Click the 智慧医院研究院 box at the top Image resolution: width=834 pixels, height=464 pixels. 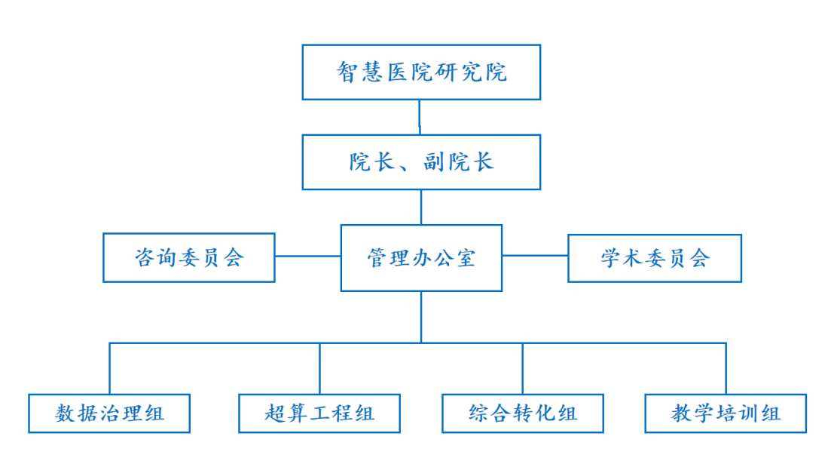pyautogui.click(x=421, y=72)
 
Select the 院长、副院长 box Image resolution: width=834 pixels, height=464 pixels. pyautogui.click(x=421, y=161)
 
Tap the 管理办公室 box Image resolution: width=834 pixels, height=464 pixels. pyautogui.click(x=421, y=257)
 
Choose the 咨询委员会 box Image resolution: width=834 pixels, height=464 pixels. pyautogui.click(x=188, y=257)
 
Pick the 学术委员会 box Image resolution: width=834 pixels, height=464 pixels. pyautogui.click(x=654, y=257)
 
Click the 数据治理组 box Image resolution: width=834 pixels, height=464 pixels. pyautogui.click(x=109, y=413)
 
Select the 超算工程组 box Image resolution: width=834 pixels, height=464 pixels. pyautogui.click(x=319, y=413)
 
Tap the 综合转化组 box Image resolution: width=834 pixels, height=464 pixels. pyautogui.click(x=522, y=413)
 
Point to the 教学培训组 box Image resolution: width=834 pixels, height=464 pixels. pyautogui.click(x=726, y=413)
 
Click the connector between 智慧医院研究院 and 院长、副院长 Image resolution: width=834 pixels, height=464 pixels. pyautogui.click(x=420, y=117)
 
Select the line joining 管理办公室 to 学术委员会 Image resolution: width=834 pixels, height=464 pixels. pyautogui.click(x=535, y=256)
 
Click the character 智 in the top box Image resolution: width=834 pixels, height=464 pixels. pyautogui.click(x=348, y=72)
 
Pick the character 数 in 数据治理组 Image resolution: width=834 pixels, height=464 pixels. pyautogui.click(x=66, y=413)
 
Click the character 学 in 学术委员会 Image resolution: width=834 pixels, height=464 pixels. pyautogui.click(x=611, y=258)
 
